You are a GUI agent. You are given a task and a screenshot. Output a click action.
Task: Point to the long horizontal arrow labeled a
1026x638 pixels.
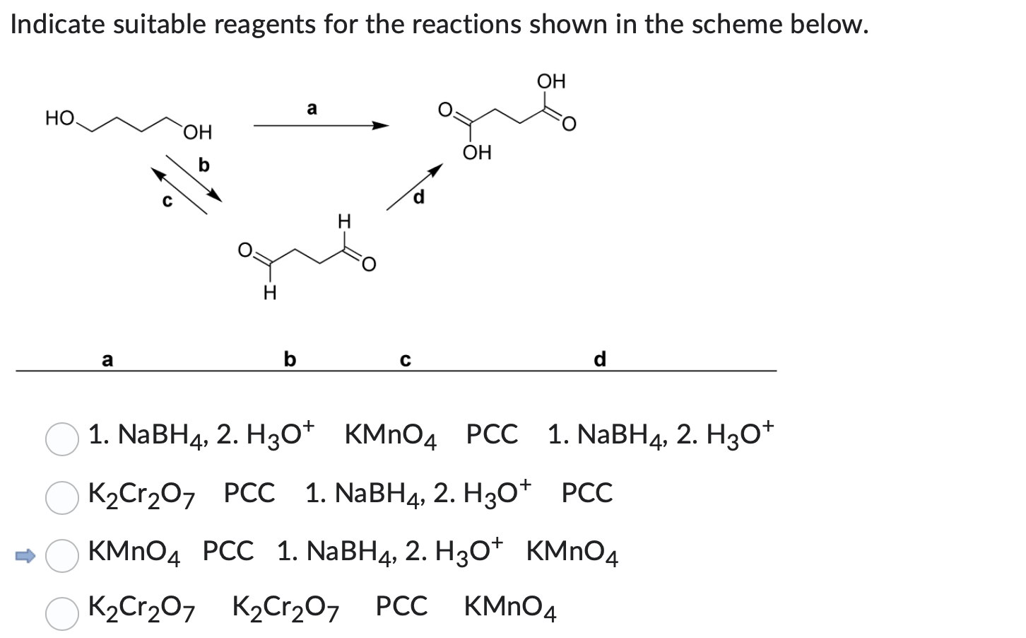[x=322, y=127]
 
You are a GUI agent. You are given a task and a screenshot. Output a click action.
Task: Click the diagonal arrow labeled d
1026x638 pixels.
[x=414, y=187]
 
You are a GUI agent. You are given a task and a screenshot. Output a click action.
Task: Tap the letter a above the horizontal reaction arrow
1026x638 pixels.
[x=312, y=108]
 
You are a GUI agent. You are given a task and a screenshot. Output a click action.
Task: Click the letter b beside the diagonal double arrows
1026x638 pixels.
[x=204, y=165]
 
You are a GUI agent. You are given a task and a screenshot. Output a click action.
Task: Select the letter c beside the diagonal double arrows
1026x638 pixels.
[x=167, y=201]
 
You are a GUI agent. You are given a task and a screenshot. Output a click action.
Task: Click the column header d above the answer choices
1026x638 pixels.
[x=600, y=359]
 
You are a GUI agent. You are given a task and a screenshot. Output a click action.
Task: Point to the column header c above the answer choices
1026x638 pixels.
[x=404, y=360]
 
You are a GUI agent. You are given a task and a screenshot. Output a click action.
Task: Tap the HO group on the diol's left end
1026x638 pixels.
[x=59, y=117]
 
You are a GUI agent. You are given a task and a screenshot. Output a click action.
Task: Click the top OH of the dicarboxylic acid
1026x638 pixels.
[x=552, y=81]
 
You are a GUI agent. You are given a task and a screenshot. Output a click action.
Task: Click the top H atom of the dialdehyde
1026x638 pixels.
[x=344, y=222]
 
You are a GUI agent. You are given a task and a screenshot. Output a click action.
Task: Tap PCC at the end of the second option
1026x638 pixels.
[x=587, y=493]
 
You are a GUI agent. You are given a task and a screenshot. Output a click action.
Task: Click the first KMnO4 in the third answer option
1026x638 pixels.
[x=134, y=551]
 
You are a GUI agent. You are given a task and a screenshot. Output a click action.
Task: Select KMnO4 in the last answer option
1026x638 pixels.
[x=510, y=608]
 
